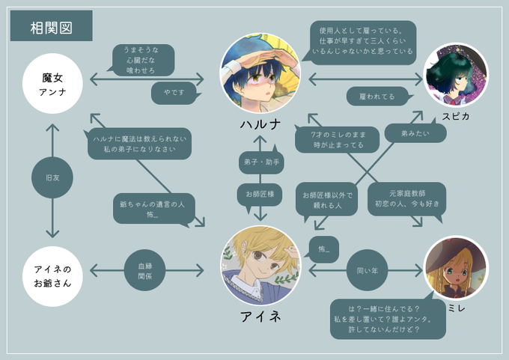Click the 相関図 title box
[x=51, y=27]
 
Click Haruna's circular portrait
[x=260, y=72]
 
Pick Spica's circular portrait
[x=456, y=73]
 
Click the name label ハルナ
[x=260, y=124]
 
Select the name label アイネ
[x=260, y=317]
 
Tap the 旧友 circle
[x=53, y=180]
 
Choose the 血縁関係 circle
[x=144, y=269]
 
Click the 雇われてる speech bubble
[x=379, y=96]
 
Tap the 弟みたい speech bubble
[x=406, y=134]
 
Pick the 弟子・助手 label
[x=260, y=162]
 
